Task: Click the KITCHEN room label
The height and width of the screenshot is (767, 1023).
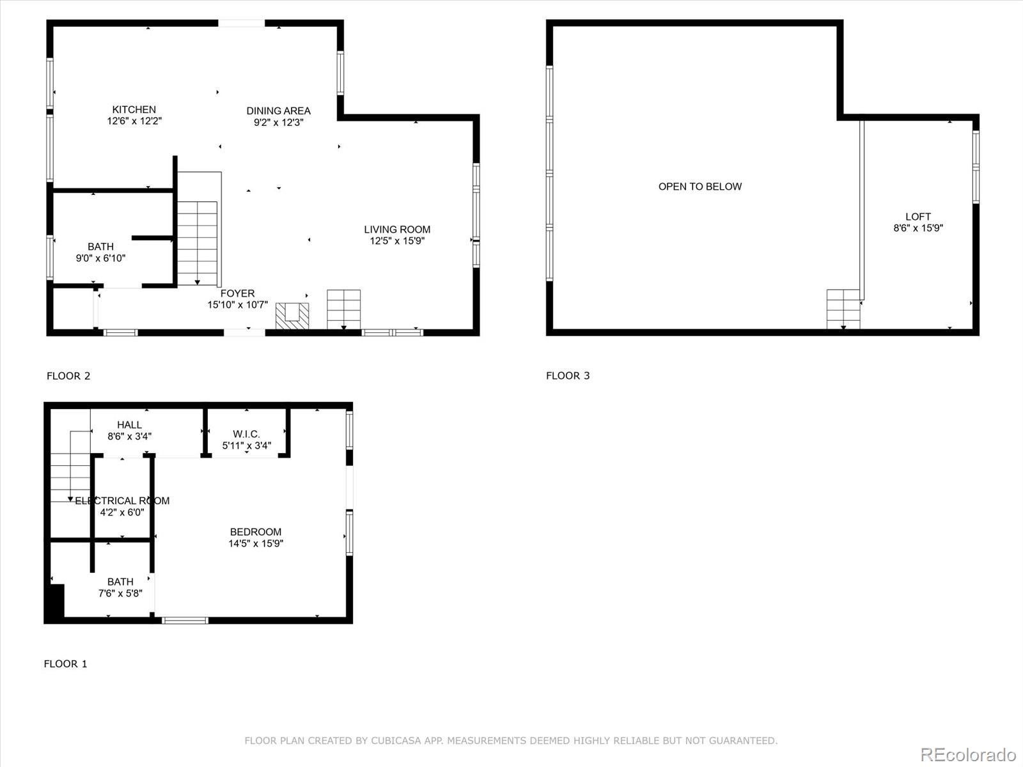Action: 134,109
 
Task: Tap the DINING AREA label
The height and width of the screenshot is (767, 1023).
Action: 278,111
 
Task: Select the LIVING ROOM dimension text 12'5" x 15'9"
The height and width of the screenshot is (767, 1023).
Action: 397,241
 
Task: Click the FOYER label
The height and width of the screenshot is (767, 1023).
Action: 237,293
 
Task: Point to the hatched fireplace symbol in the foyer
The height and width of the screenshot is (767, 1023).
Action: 292,316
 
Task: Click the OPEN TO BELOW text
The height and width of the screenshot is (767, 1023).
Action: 700,187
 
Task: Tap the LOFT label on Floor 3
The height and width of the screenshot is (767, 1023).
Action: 918,217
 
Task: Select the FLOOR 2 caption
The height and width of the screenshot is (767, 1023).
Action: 68,376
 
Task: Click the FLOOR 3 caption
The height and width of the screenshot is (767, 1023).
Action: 568,376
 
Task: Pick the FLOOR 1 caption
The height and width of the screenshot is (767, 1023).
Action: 65,663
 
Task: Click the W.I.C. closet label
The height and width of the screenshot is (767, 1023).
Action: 246,434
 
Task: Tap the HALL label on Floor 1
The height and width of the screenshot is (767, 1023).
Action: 129,424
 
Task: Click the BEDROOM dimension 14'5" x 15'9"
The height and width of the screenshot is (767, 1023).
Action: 256,543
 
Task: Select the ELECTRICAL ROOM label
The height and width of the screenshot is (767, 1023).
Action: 122,500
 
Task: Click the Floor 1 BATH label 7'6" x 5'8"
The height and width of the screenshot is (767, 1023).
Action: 120,582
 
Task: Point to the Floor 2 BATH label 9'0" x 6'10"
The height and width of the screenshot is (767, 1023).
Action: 100,247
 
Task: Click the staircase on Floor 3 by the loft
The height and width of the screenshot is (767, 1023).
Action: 843,309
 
